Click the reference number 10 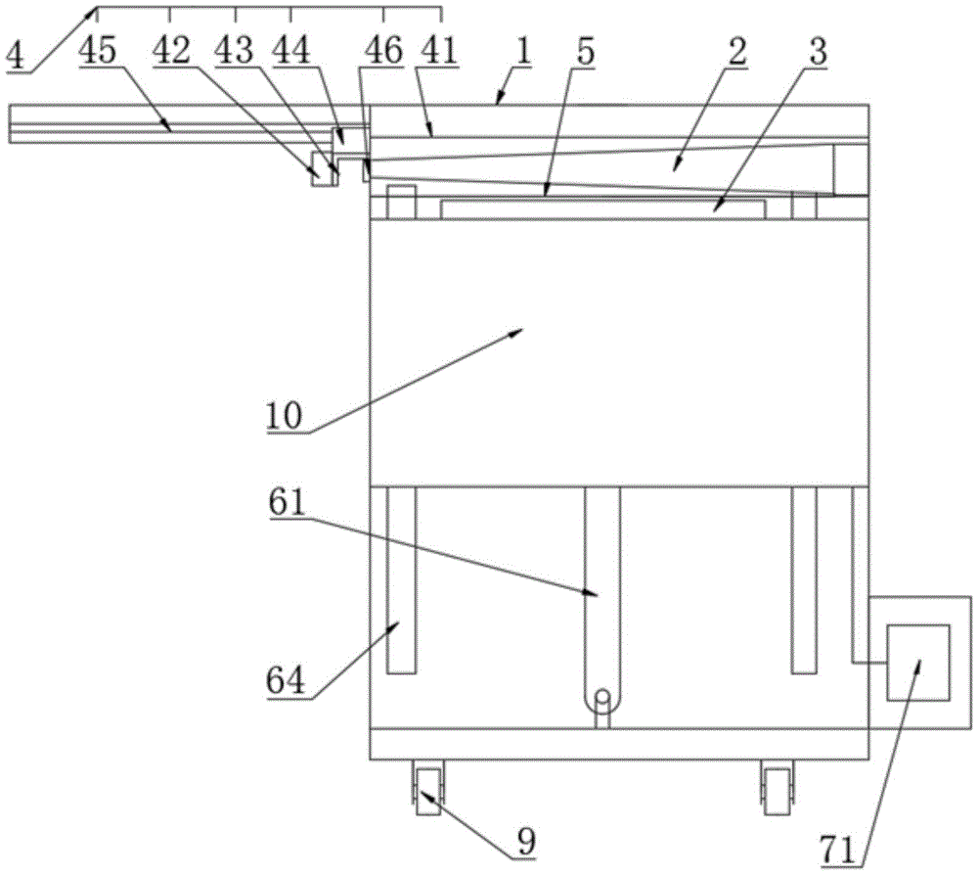coord(287,417)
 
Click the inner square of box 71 coord(917,663)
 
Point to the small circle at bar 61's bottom coord(602,698)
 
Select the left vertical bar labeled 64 coord(401,579)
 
